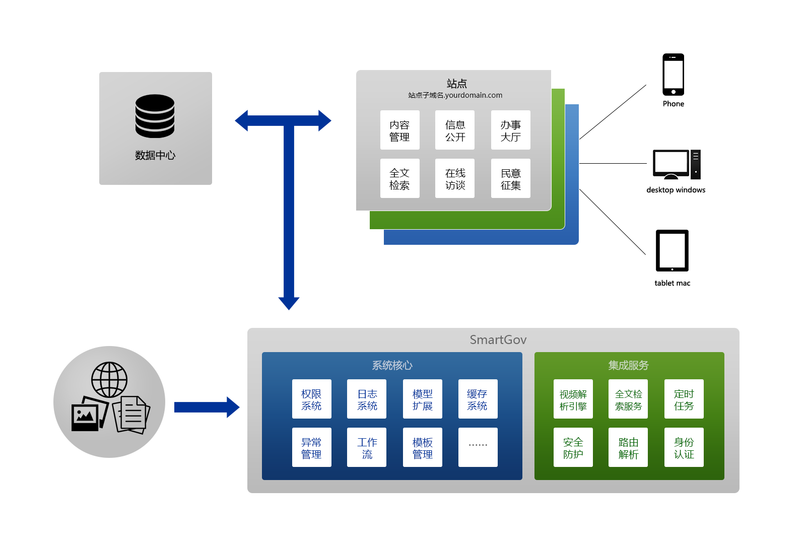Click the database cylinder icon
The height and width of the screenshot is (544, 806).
155,116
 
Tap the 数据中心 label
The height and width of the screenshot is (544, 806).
155,155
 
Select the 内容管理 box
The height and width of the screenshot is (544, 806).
399,130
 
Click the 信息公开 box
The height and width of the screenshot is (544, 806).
455,130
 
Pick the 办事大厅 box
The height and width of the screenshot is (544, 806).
510,130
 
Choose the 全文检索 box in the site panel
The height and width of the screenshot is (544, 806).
399,179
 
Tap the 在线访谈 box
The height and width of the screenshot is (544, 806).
455,179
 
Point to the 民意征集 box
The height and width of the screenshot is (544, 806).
510,179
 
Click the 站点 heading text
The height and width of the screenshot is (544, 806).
456,84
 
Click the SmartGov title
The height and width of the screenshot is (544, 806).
498,340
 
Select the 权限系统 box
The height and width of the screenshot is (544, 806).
311,399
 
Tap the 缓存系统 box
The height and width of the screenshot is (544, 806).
478,399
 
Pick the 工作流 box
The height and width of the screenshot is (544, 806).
367,448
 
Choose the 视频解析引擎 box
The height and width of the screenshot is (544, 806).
573,399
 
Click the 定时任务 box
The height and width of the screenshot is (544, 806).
684,399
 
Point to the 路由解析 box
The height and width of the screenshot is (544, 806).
628,448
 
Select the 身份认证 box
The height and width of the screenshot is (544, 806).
684,448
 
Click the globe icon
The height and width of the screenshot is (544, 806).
109,380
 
